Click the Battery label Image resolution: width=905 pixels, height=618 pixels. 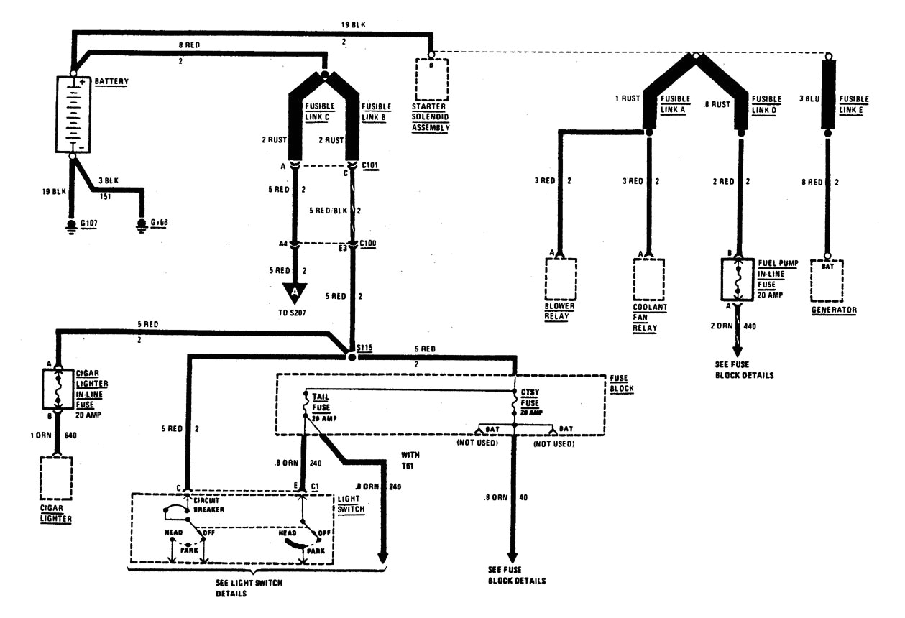tap(111, 81)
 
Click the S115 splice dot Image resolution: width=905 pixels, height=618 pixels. tap(352, 356)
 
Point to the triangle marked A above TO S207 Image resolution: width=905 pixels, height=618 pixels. tap(294, 291)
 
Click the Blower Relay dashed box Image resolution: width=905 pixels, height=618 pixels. tap(561, 278)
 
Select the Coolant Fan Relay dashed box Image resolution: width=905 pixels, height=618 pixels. tap(648, 279)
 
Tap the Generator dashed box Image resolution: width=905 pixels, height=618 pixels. tap(827, 280)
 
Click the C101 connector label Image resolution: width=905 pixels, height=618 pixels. tap(370, 165)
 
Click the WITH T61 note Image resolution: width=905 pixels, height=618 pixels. tap(411, 460)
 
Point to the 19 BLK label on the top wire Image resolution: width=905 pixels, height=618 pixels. tap(353, 24)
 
